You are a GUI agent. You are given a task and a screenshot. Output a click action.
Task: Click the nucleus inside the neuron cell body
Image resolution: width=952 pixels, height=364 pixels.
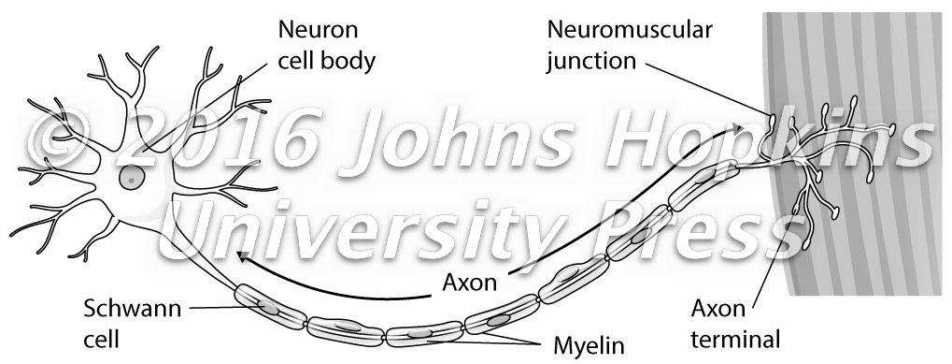click(x=132, y=177)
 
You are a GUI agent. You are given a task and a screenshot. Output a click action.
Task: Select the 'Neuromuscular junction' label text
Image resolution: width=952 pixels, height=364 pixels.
click(x=629, y=44)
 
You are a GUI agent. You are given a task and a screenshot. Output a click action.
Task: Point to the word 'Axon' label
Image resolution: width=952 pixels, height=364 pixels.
click(x=469, y=280)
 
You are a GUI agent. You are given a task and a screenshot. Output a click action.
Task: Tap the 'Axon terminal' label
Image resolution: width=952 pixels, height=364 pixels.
click(x=733, y=320)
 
